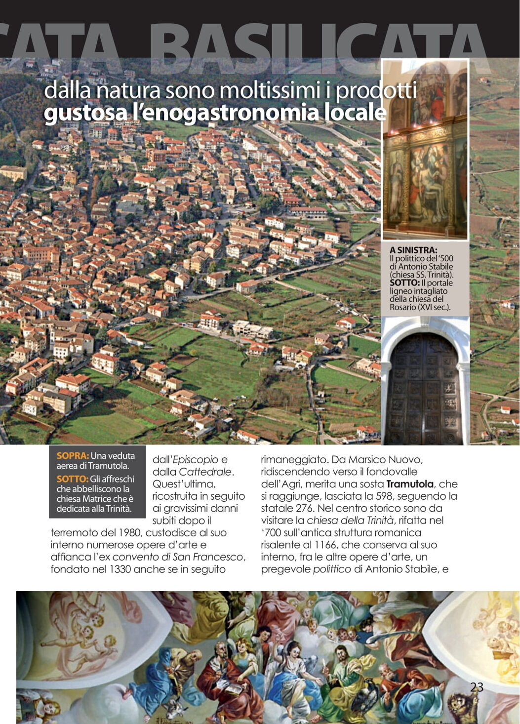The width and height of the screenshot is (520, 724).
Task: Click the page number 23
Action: (477, 687)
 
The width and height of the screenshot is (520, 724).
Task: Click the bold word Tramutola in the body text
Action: (410, 484)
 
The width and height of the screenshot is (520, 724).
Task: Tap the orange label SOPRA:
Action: (73, 456)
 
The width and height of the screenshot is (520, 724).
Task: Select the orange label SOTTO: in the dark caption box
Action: (73, 479)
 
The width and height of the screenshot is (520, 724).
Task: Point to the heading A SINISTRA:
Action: (413, 250)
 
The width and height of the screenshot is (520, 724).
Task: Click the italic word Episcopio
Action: (195, 460)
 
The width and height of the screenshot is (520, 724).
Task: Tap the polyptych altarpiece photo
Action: (425, 149)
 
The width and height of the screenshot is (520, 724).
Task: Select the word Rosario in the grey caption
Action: (403, 307)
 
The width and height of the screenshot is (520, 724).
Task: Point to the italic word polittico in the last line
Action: (331, 569)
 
